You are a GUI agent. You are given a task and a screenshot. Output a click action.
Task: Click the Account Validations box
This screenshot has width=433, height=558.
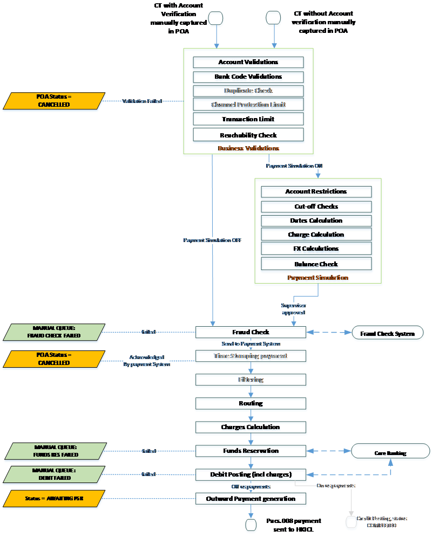click(248, 63)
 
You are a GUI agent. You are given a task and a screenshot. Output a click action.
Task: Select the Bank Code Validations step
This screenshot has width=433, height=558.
click(248, 77)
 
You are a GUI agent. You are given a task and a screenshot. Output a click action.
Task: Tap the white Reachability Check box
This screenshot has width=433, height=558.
click(248, 134)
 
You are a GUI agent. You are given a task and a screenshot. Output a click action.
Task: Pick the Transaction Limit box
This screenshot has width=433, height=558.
click(248, 120)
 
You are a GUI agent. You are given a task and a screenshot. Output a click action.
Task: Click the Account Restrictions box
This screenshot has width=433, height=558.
click(316, 192)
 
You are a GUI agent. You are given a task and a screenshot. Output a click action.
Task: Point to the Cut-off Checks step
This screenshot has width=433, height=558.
click(316, 207)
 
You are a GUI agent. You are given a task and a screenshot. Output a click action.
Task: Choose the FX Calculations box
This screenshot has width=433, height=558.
click(316, 249)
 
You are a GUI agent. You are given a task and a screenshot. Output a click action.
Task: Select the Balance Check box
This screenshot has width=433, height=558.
click(316, 264)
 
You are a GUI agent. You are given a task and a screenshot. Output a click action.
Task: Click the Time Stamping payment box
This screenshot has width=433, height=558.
click(251, 356)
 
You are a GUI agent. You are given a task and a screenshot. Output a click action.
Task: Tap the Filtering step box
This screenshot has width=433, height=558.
click(251, 381)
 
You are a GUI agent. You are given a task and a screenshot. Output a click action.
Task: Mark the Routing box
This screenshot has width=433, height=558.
click(251, 404)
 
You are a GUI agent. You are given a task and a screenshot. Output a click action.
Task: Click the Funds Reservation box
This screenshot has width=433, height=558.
click(251, 451)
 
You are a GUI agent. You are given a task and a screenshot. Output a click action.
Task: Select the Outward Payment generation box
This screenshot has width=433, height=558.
click(251, 499)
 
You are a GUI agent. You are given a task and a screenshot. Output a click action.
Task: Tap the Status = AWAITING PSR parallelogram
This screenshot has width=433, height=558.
click(54, 499)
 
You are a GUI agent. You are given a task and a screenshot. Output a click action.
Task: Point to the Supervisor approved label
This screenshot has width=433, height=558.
click(294, 309)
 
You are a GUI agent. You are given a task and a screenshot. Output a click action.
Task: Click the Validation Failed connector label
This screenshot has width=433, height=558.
click(142, 101)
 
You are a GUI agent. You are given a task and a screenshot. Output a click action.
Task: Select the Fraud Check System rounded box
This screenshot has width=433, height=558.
click(388, 334)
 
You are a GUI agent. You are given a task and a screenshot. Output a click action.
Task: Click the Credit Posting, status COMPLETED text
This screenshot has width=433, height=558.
click(382, 522)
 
